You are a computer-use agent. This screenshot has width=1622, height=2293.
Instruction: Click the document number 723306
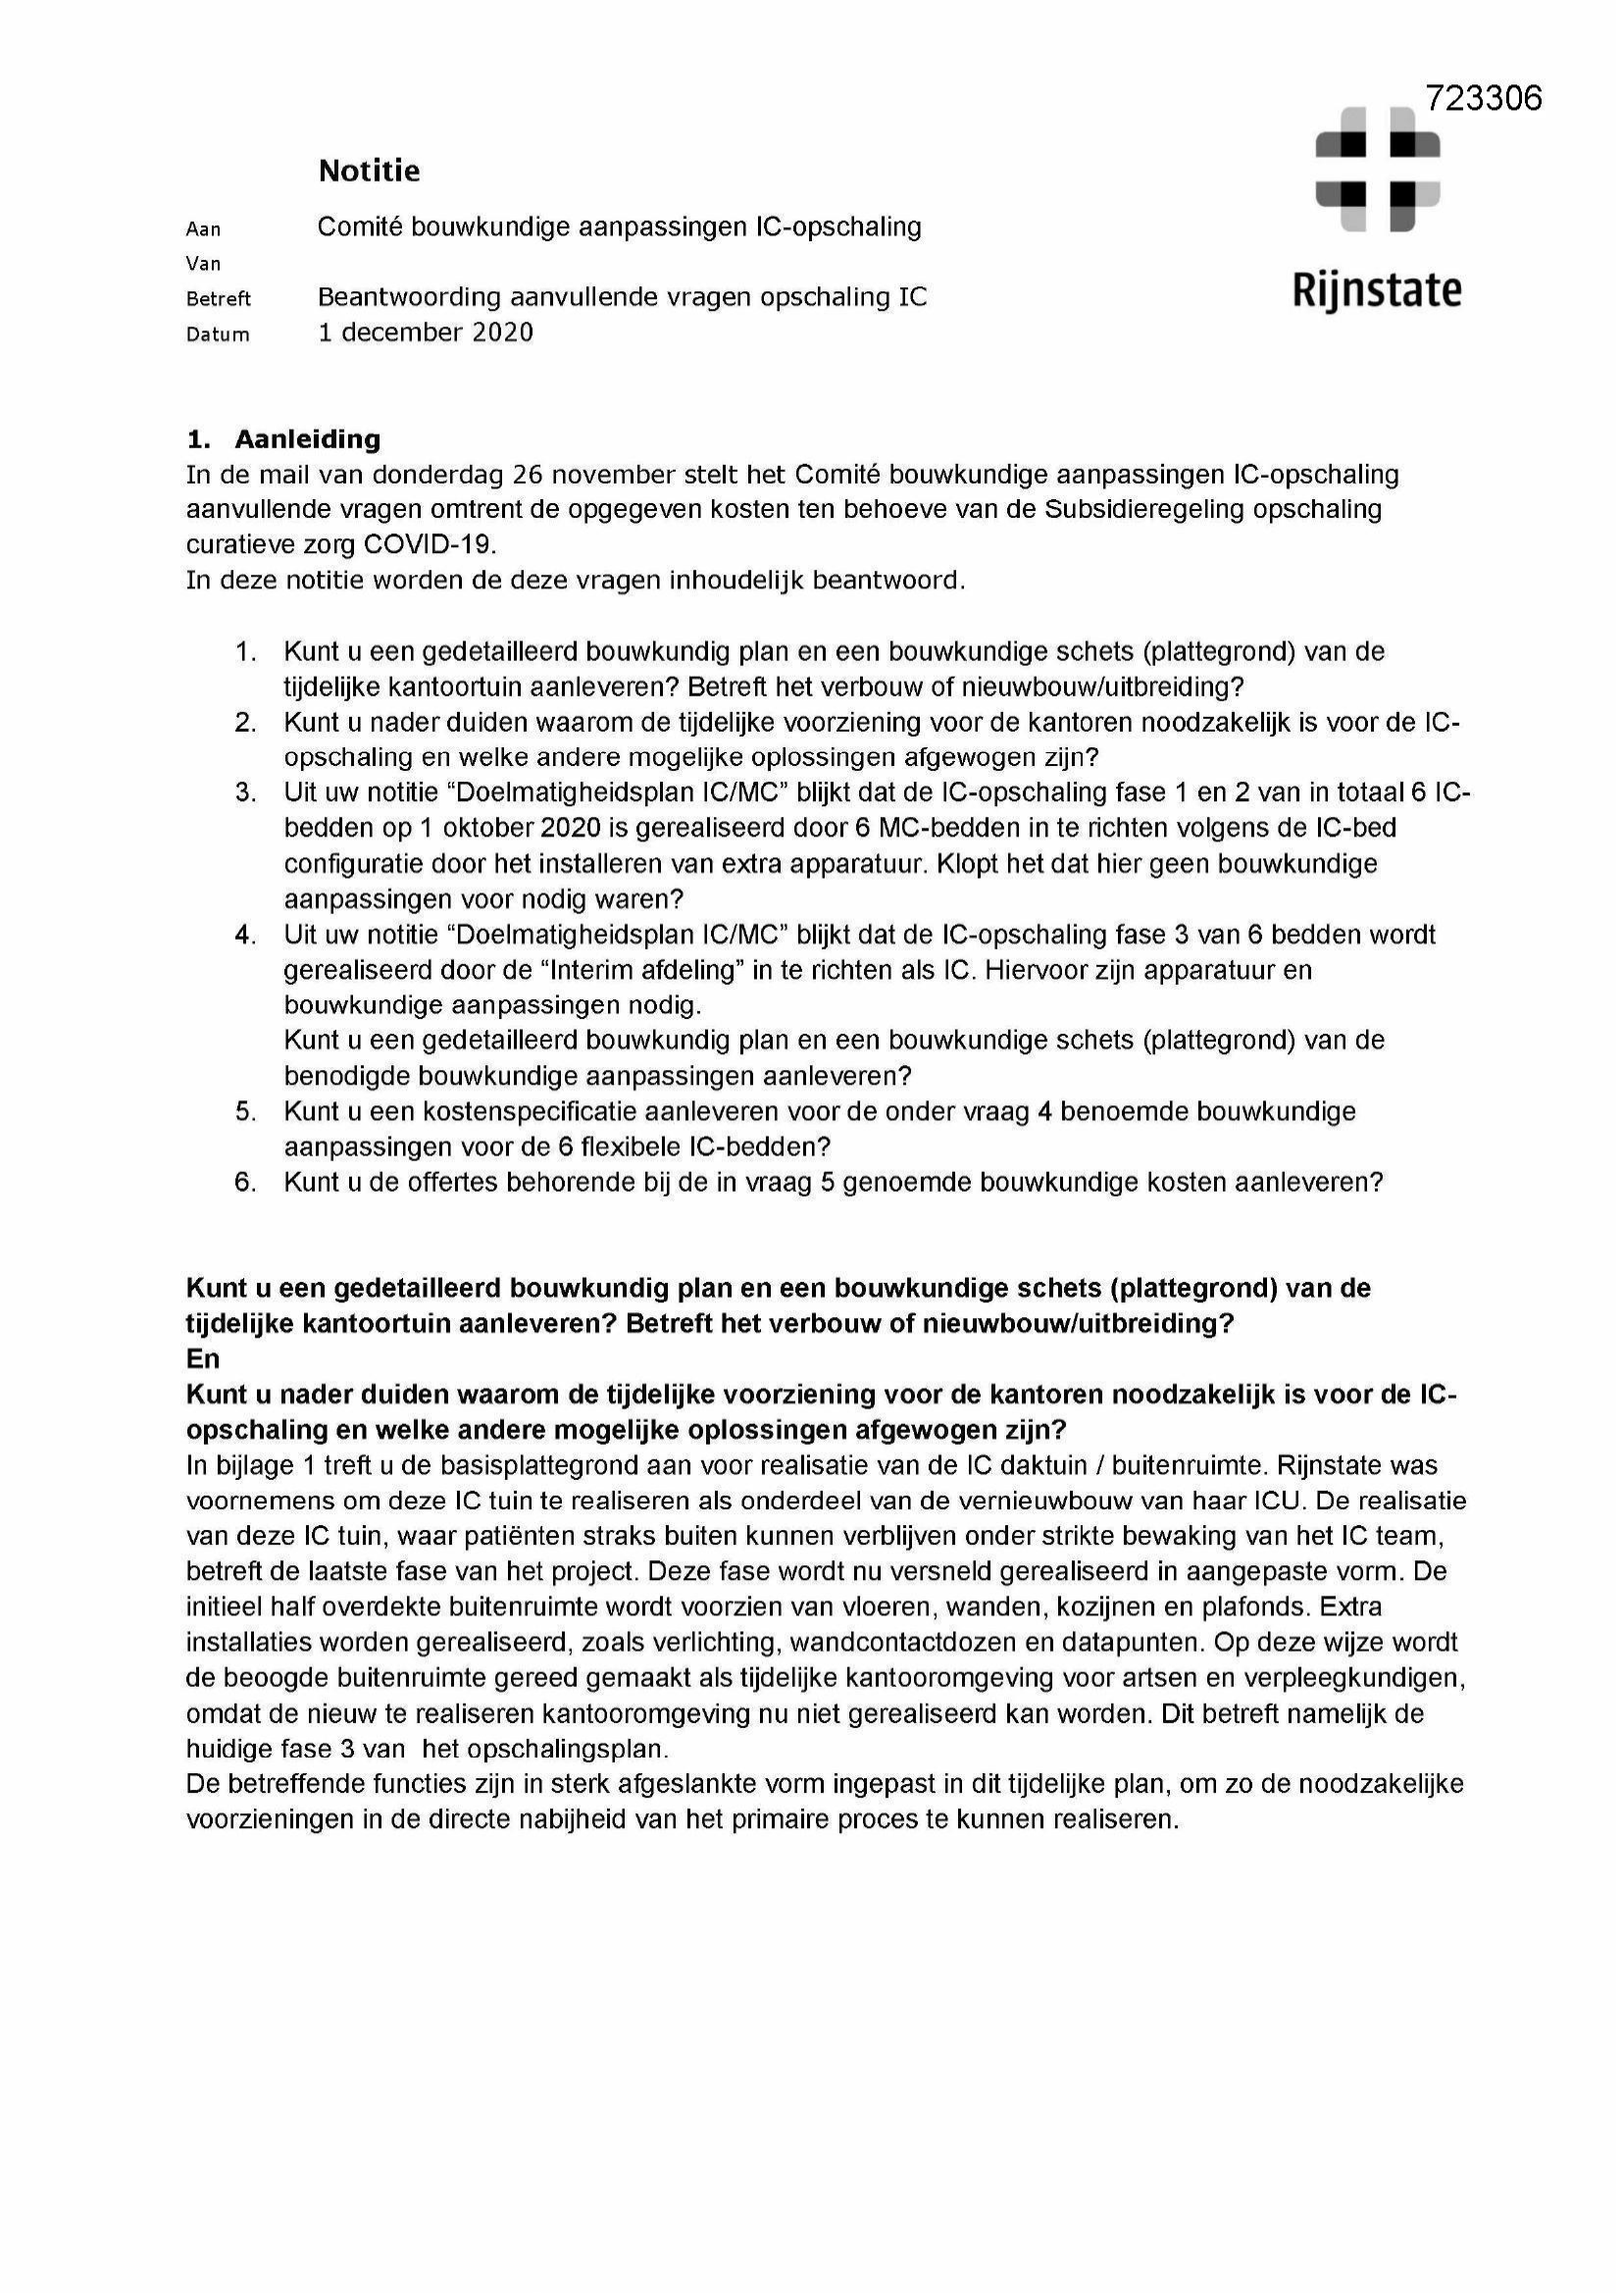click(x=1483, y=98)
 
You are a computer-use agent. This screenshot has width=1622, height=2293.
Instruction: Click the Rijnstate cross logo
click(x=1377, y=169)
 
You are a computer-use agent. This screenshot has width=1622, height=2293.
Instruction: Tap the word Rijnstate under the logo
click(x=1377, y=290)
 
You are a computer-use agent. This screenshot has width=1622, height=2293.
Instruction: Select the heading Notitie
click(x=369, y=171)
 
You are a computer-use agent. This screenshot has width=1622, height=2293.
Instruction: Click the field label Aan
click(x=203, y=229)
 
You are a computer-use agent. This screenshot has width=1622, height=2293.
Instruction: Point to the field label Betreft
click(x=218, y=298)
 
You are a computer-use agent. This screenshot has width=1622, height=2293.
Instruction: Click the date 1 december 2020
click(x=426, y=331)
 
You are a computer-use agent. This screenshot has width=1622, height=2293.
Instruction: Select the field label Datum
click(x=218, y=334)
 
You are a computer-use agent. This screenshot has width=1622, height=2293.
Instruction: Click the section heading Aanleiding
click(x=307, y=438)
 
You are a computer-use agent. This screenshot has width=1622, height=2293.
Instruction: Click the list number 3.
click(x=245, y=792)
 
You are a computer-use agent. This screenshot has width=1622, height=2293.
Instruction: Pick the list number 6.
click(x=245, y=1182)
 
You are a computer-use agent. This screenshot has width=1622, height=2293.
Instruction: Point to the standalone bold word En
click(x=202, y=1358)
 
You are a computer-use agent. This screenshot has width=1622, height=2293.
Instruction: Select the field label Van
click(x=203, y=264)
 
